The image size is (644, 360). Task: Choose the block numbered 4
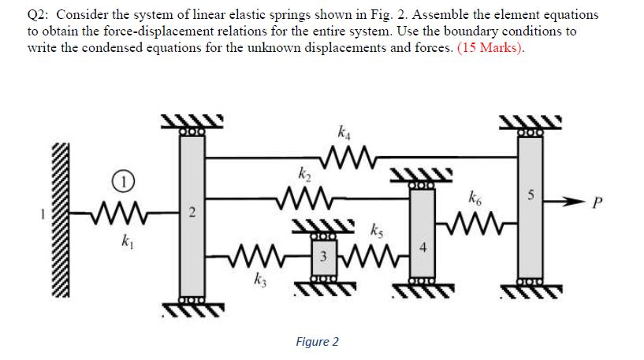pos(423,246)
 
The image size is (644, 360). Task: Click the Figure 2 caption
pos(317,341)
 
